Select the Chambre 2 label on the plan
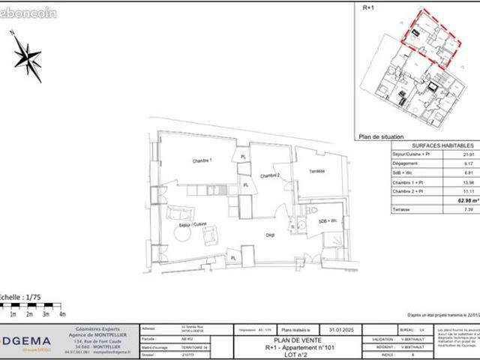[269, 175]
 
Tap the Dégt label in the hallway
[270, 235]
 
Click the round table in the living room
[184, 235]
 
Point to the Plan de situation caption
[381, 137]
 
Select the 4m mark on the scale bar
[62, 313]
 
